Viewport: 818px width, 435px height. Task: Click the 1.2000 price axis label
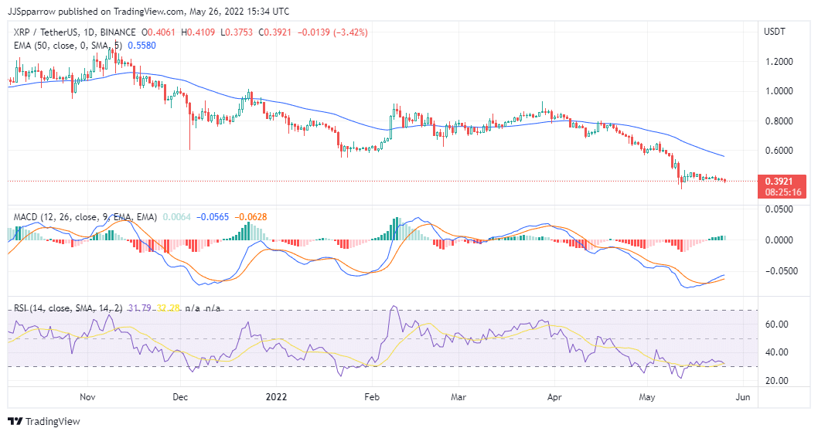[x=778, y=62]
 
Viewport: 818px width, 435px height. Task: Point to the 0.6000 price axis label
[x=778, y=151]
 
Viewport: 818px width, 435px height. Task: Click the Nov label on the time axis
[x=87, y=397]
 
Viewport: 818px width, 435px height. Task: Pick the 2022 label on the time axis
[x=276, y=397]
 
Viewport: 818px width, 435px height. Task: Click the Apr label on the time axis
[x=554, y=397]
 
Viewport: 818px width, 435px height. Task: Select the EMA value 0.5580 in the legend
[x=141, y=46]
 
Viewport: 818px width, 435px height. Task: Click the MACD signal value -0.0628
[x=251, y=217]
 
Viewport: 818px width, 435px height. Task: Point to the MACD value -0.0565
[x=213, y=217]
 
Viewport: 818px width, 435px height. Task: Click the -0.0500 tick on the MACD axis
[x=776, y=271]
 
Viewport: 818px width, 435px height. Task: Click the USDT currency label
[x=775, y=32]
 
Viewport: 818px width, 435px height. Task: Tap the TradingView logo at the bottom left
[x=44, y=422]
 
